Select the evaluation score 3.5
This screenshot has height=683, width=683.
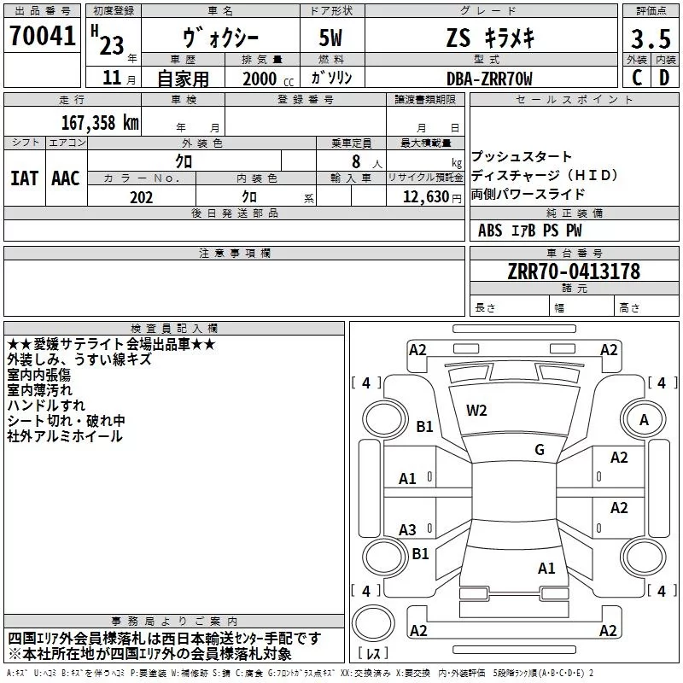650,39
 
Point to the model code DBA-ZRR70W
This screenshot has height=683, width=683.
488,78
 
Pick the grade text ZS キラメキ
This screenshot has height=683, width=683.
487,39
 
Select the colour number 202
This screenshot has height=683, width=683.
141,196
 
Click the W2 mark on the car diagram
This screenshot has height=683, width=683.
476,410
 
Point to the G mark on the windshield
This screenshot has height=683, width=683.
539,450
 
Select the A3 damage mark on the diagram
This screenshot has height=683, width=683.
408,529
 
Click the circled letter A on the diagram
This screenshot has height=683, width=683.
644,419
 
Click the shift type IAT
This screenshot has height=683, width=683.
24,178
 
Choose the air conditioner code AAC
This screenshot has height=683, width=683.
65,178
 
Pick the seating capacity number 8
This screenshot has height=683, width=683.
353,161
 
